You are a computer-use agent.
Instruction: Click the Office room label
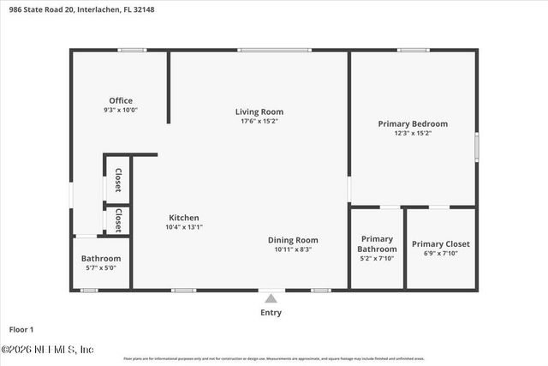coord(121,101)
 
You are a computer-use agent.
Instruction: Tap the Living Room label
coord(259,111)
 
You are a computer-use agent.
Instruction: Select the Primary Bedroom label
coord(413,123)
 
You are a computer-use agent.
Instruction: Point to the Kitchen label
coord(184,218)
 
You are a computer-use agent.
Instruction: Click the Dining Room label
coord(293,240)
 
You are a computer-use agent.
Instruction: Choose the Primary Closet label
coord(441,243)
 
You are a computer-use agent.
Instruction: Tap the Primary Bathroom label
coord(377,244)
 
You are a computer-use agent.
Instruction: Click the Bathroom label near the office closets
coord(101,258)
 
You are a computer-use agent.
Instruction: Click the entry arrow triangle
coord(271,298)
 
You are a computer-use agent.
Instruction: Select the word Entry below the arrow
coord(271,313)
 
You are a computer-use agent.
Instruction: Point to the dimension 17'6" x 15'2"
coord(259,122)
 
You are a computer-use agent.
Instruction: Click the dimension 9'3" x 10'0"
coord(121,111)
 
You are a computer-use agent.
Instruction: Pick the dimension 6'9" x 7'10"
coord(441,254)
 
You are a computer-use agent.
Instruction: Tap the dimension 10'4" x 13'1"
coord(184,227)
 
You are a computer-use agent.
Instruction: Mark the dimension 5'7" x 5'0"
coord(101,267)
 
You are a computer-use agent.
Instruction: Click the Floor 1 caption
coord(21,329)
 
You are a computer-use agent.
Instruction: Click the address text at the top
coord(70,8)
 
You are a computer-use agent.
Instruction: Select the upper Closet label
coord(117,181)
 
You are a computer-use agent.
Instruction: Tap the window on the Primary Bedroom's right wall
coord(477,147)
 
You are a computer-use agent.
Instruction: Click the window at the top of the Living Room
coord(263,50)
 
